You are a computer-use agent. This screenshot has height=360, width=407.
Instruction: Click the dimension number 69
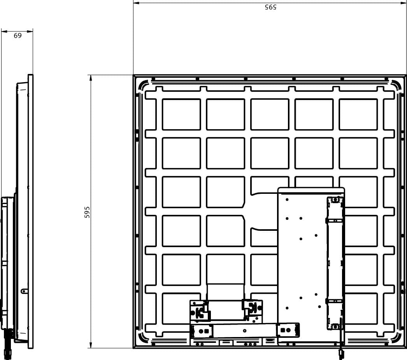tap(18, 35)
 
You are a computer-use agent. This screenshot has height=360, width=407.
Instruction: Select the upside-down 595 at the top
tap(270, 7)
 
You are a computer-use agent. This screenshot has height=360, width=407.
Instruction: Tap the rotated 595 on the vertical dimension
tap(87, 212)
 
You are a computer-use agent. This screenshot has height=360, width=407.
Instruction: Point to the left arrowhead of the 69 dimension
tap(4, 32)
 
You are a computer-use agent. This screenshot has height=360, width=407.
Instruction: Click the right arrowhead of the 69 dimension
tap(30, 32)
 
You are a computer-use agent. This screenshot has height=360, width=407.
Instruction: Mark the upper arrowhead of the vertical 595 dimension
tap(91, 78)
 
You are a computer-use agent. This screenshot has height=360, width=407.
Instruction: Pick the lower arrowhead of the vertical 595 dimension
tap(91, 345)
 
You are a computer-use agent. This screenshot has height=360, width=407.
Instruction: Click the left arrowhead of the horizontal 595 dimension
tap(136, 3)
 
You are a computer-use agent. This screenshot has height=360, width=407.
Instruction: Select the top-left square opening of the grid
tap(181, 114)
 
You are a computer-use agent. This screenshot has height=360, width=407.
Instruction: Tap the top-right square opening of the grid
tap(358, 114)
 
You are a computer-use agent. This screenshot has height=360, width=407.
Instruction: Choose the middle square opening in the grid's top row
tap(270, 114)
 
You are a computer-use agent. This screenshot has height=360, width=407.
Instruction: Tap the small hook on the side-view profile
tap(24, 291)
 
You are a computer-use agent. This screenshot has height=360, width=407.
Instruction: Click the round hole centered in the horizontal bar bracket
tap(244, 331)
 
